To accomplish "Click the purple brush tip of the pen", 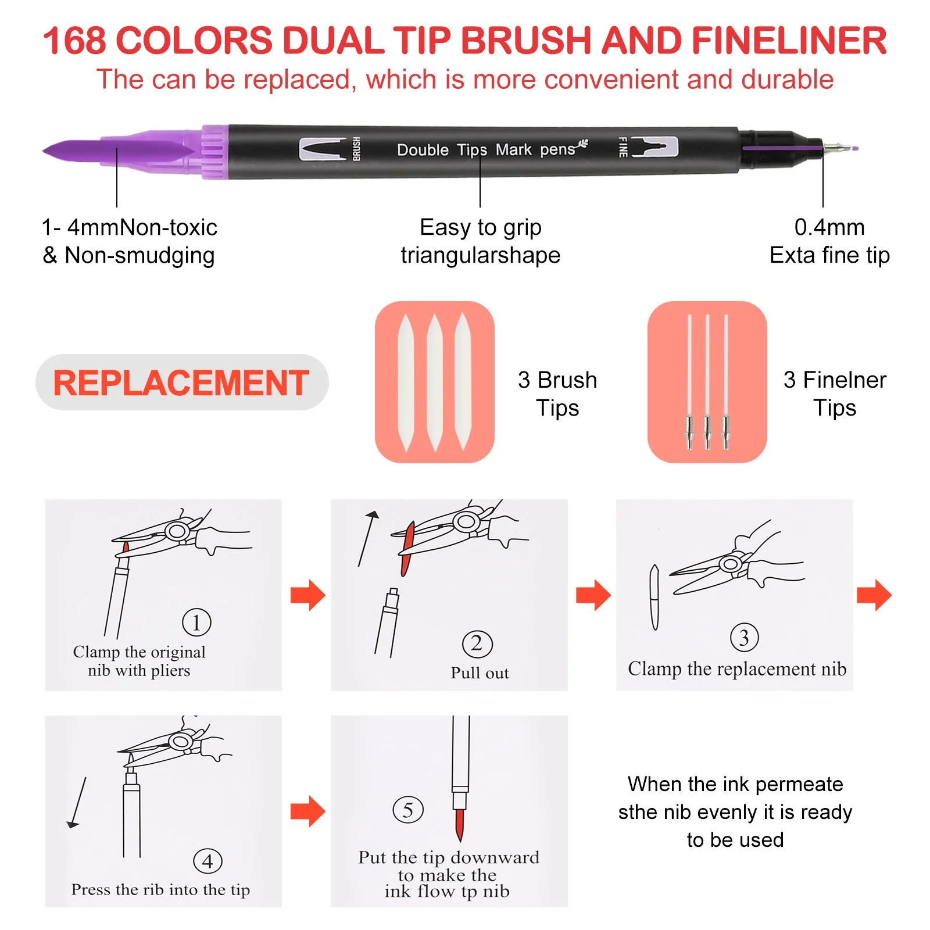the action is click(119, 152).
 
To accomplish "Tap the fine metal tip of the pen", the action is click(840, 148).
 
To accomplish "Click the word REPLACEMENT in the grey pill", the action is click(181, 383).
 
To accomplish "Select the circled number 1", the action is click(196, 623).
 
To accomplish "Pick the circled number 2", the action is click(477, 644).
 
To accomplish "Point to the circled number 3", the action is click(744, 638).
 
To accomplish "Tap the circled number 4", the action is click(208, 861).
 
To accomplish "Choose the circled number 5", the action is click(408, 810).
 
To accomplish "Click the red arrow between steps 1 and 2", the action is click(308, 595).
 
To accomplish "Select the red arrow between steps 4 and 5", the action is click(308, 811).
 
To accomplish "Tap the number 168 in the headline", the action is click(74, 41).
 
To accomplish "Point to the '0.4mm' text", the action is click(829, 227).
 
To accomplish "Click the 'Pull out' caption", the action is click(480, 673).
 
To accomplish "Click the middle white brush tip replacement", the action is click(435, 382).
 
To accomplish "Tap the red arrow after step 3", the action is click(874, 595).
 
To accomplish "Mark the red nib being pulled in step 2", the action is click(407, 549).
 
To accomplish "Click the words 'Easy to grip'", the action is click(481, 227).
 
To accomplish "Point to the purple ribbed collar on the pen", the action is click(215, 152).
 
